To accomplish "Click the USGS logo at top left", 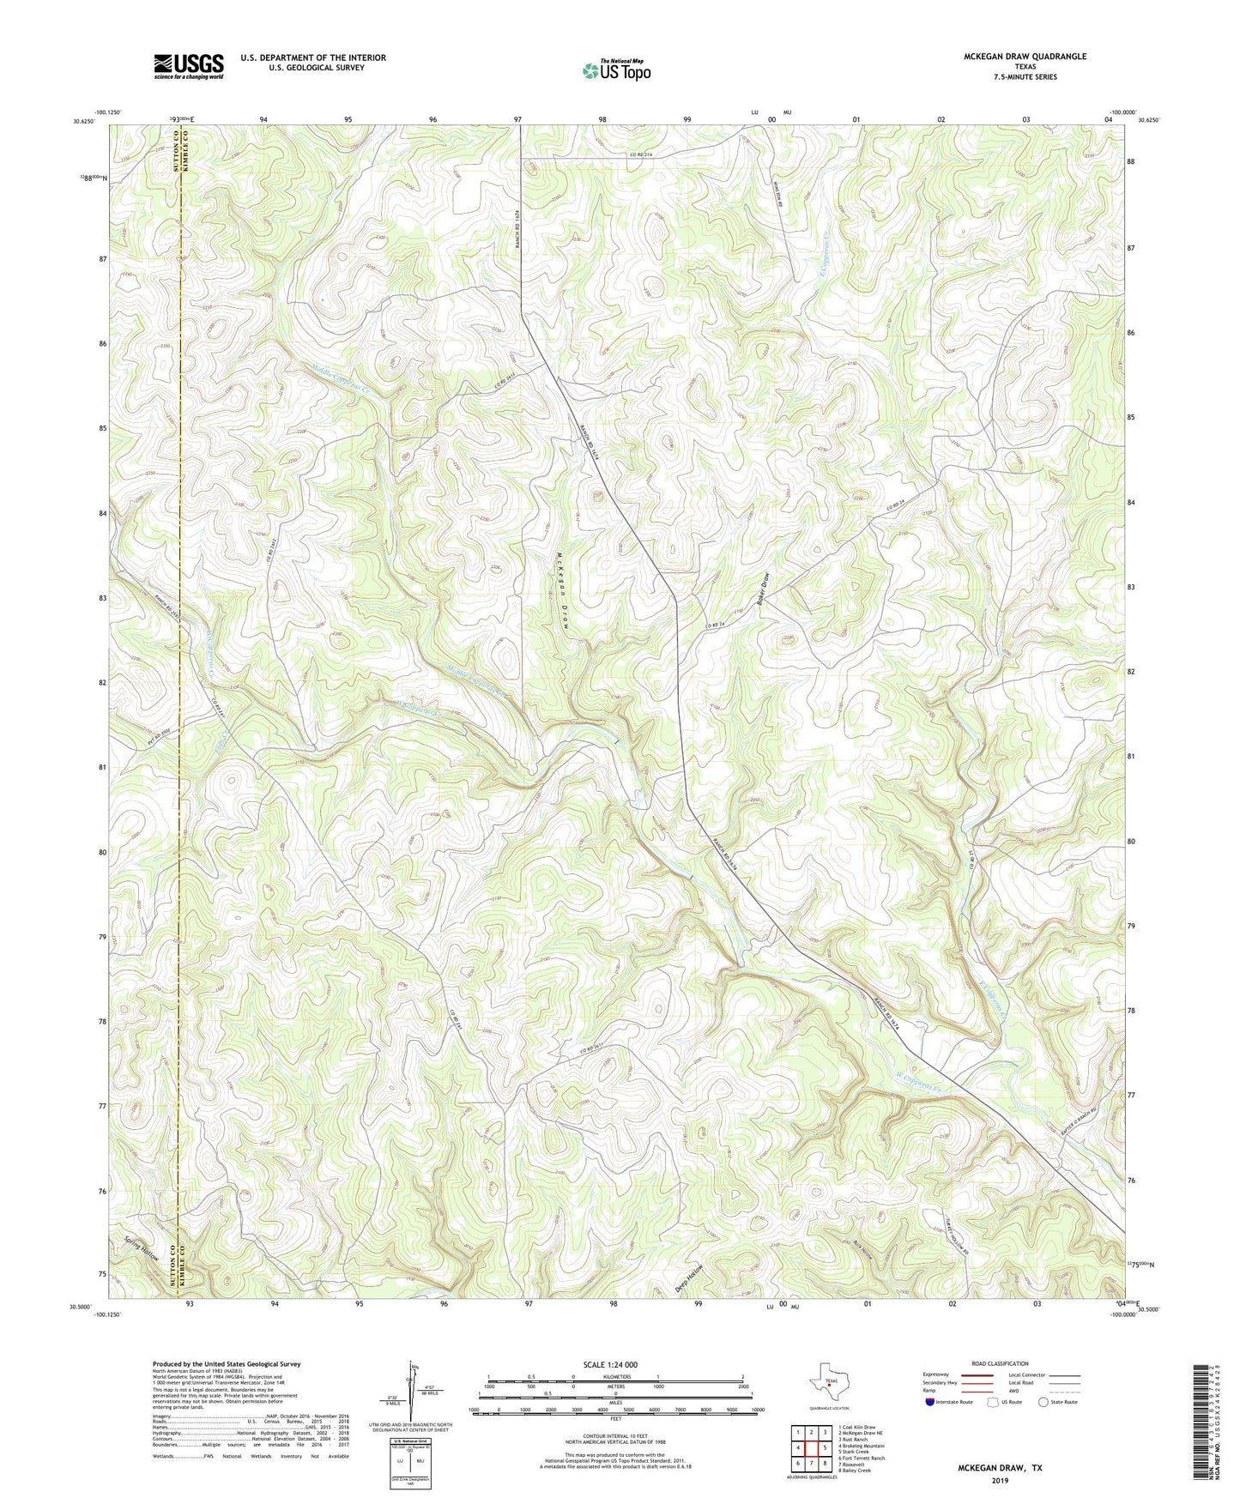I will tap(188, 66).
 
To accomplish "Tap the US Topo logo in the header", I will tap(616, 70).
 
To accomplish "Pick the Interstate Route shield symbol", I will tap(930, 1402).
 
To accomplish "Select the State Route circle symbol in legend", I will tap(1043, 1402).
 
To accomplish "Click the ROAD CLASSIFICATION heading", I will tap(1001, 1363).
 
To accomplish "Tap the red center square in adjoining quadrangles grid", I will tap(812, 1447).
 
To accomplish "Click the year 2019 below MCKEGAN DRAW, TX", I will tap(1000, 1481).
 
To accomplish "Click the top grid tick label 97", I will tap(517, 119).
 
